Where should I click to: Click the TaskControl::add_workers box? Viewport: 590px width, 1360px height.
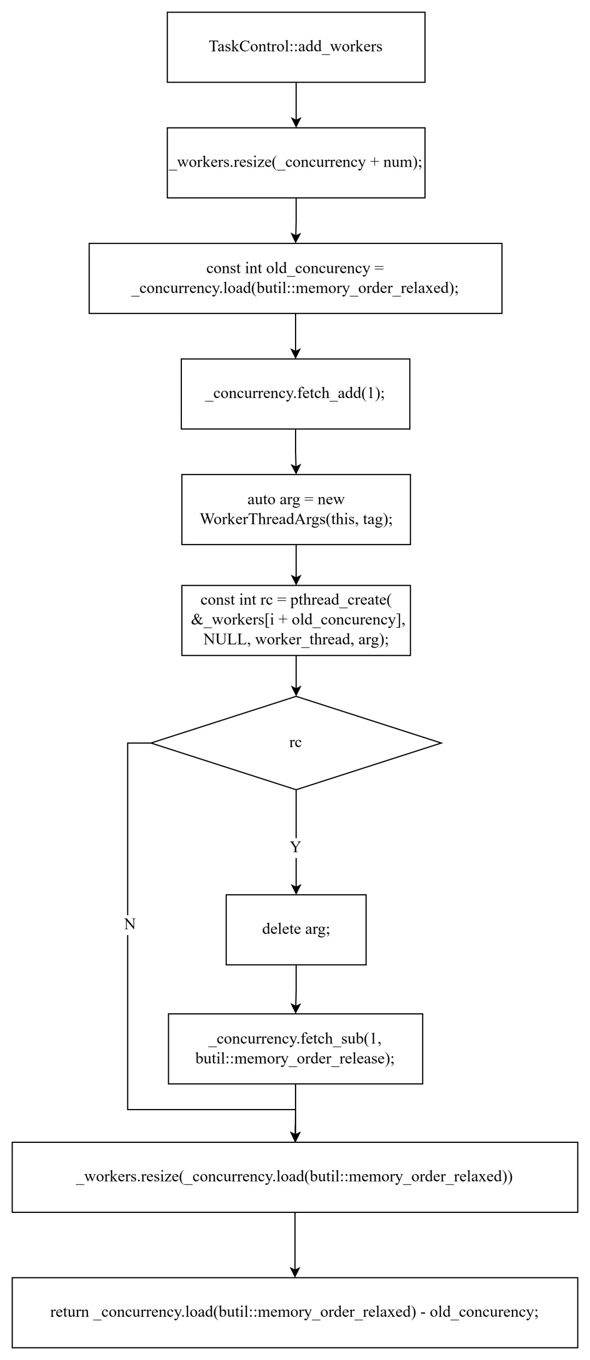pos(296,48)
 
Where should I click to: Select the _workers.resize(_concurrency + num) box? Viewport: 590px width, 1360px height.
pos(296,163)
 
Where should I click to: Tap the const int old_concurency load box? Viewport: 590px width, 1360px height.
pos(295,278)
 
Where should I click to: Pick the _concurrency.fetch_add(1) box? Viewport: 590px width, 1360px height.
pos(295,394)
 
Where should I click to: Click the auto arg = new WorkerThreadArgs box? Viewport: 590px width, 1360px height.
pos(296,509)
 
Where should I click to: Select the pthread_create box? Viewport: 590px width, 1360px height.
pos(296,620)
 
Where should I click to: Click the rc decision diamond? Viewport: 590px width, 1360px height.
pos(296,743)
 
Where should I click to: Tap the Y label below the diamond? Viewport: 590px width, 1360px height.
pos(296,847)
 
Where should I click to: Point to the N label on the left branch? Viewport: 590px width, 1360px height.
pos(129,924)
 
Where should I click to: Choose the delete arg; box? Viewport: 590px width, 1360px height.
pos(296,930)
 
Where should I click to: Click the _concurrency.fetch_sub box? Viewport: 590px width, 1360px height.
pos(295,1049)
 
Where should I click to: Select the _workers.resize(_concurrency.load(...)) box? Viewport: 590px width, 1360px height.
pos(294,1177)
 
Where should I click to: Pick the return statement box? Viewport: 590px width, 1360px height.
pos(294,1312)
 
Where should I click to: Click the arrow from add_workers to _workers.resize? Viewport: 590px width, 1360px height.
pos(296,105)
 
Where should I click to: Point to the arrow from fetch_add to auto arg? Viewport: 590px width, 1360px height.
pos(296,452)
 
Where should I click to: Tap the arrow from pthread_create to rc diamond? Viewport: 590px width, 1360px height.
pos(296,676)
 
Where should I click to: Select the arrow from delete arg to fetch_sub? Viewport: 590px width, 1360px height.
pos(296,989)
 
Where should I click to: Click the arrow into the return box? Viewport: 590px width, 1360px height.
pos(294,1245)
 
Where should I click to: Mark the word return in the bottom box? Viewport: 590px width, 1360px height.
pos(69,1312)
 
